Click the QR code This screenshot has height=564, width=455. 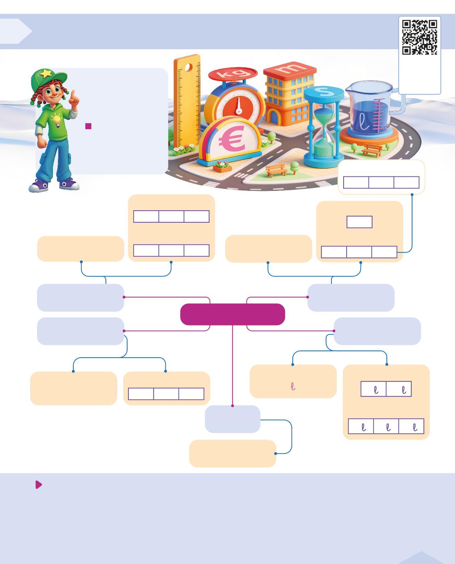[x=420, y=37]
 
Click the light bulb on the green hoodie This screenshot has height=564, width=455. [x=57, y=120]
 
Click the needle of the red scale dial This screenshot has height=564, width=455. [x=239, y=107]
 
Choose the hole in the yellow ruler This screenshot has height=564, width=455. [x=188, y=68]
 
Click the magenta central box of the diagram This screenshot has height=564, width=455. [x=232, y=314]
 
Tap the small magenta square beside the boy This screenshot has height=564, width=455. [x=88, y=126]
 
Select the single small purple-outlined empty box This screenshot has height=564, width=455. [x=359, y=222]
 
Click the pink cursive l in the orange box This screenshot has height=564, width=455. [x=293, y=386]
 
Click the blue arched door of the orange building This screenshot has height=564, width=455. [x=274, y=117]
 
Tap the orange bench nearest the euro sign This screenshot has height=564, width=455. [x=276, y=170]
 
